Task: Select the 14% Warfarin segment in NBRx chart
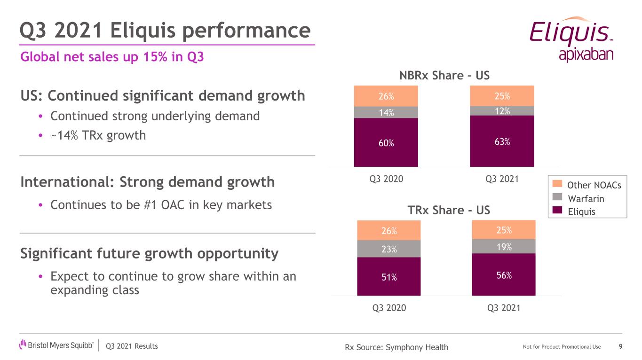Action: pos(386,112)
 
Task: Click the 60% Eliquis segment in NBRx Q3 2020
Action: pos(386,142)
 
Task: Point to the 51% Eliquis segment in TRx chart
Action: pos(389,276)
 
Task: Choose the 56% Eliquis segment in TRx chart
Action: pos(504,274)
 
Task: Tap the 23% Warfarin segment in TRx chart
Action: pos(389,249)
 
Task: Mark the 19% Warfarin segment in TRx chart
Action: pos(504,246)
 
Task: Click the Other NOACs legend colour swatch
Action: pos(556,185)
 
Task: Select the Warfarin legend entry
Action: pos(586,199)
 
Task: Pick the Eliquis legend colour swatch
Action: pos(556,211)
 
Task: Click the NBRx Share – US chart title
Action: pos(444,76)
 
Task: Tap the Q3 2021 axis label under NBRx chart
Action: pos(501,179)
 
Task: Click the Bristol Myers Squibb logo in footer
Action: pos(56,346)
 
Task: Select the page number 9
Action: pos(621,347)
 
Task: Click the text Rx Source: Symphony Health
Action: pos(396,347)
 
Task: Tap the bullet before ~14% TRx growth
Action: pos(41,136)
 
